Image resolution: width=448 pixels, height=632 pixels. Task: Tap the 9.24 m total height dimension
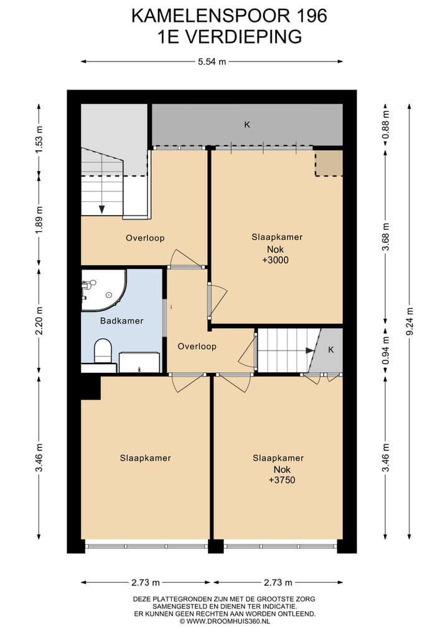pyautogui.click(x=409, y=321)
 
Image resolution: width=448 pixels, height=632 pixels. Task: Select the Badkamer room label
pyautogui.click(x=121, y=321)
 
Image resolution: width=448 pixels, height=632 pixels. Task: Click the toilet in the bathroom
pyautogui.click(x=103, y=350)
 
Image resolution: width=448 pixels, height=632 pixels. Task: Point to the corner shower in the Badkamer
pyautogui.click(x=104, y=290)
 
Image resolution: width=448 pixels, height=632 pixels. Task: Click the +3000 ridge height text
pyautogui.click(x=275, y=260)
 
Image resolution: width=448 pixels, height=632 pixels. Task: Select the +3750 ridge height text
pyautogui.click(x=282, y=480)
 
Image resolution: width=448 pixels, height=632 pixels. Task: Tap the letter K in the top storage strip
pyautogui.click(x=247, y=124)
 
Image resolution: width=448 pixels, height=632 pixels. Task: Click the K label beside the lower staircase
pyautogui.click(x=330, y=350)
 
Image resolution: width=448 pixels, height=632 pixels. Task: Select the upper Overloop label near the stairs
pyautogui.click(x=145, y=238)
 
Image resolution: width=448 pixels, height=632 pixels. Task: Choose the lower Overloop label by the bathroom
pyautogui.click(x=197, y=346)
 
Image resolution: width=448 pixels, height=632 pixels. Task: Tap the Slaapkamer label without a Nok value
pyautogui.click(x=146, y=458)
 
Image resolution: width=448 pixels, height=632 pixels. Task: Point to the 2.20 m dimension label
pyautogui.click(x=39, y=321)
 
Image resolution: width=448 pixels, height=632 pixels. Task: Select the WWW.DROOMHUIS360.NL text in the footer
pyautogui.click(x=228, y=621)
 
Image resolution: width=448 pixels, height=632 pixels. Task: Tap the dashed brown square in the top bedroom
pyautogui.click(x=329, y=163)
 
